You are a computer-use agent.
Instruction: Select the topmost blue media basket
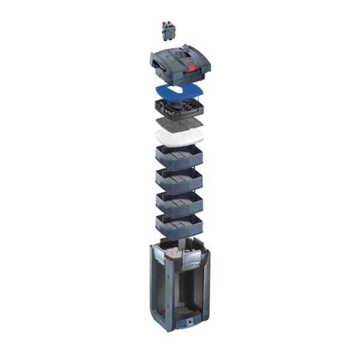(178, 157)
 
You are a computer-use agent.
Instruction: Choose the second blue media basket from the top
(178, 180)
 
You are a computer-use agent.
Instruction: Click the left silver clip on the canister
(157, 259)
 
